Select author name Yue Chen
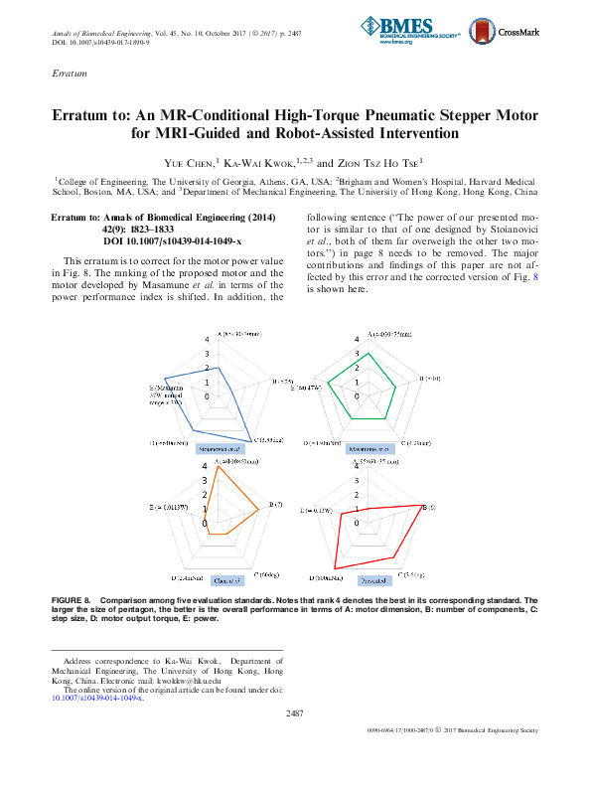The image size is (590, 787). [x=195, y=161]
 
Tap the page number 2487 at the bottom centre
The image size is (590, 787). [x=294, y=713]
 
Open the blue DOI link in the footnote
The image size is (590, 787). [x=96, y=699]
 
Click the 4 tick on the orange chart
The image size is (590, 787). [x=205, y=467]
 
